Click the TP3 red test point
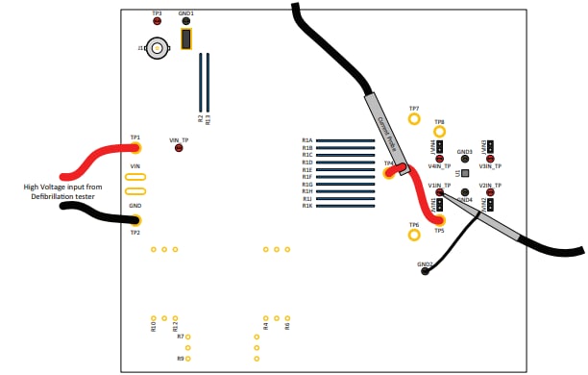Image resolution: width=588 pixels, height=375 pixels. pos(157,21)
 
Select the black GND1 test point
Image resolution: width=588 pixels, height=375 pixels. pos(186,21)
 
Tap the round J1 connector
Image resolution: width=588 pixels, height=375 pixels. pos(158,46)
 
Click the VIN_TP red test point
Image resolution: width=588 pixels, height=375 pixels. pos(179,148)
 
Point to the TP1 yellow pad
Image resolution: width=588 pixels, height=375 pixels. pos(135,148)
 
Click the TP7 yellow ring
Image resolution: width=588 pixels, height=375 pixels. pos(414,119)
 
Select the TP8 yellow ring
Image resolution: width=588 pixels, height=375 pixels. pos(439,132)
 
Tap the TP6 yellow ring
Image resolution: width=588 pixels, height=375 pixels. pos(414,234)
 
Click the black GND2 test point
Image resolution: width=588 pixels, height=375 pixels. pos(425,271)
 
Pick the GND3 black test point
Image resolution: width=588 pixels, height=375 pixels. pos(465,160)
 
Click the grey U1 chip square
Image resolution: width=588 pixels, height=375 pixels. pos(465,174)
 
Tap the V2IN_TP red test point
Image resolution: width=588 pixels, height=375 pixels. pos(490,192)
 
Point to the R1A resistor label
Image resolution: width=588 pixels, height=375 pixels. pos(307,140)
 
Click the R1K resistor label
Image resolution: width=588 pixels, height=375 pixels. pos(307,206)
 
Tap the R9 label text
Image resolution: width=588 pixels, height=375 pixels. pos(180,358)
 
